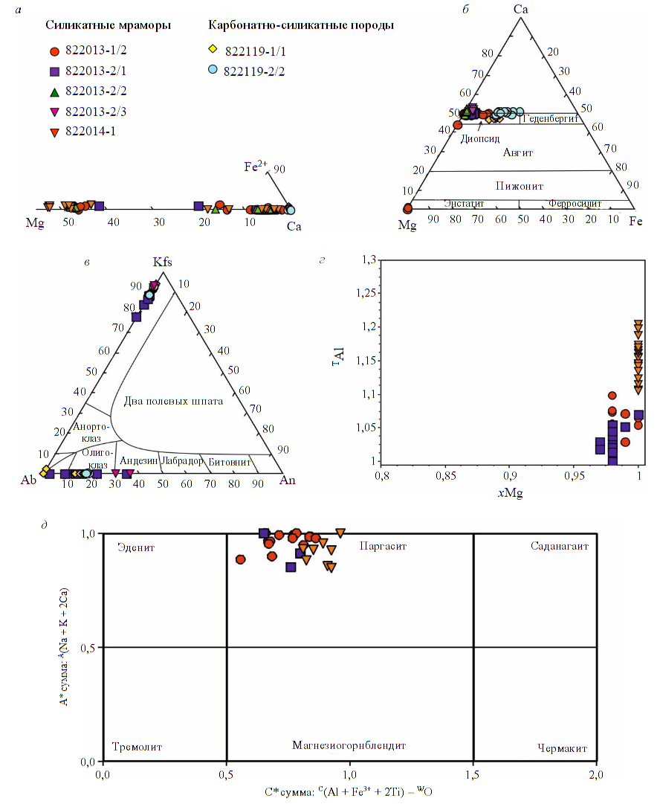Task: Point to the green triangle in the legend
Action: tap(54, 92)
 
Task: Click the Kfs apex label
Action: tap(162, 263)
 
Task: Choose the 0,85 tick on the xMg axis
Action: tap(445, 474)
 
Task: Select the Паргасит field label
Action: tap(384, 547)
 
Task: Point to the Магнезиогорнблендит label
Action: tap(349, 745)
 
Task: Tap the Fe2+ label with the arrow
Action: tap(255, 167)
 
